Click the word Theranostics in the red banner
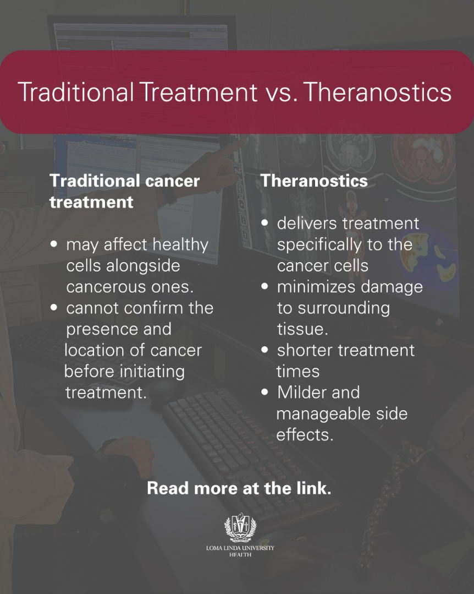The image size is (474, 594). (x=378, y=92)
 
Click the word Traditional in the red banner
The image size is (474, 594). (x=76, y=92)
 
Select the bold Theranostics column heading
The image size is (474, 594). (x=314, y=181)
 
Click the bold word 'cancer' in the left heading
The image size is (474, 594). (x=172, y=182)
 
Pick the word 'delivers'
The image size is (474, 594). (x=307, y=224)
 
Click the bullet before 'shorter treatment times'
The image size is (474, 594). (x=265, y=350)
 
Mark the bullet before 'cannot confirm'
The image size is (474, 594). (x=54, y=307)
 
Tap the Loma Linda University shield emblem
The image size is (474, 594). (x=240, y=527)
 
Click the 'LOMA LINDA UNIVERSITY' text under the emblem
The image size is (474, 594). (x=240, y=548)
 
